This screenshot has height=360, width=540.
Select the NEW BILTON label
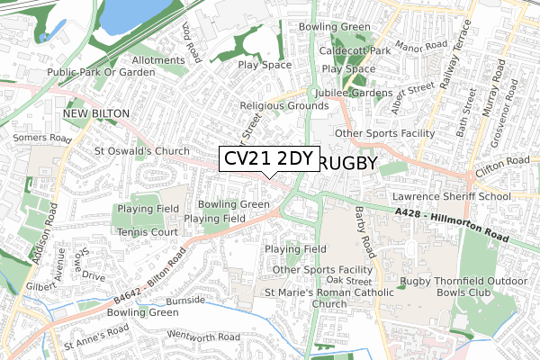[96, 113]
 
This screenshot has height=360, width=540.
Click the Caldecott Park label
[356, 51]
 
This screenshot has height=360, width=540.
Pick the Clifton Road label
[503, 162]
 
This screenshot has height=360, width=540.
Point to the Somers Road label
[43, 139]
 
